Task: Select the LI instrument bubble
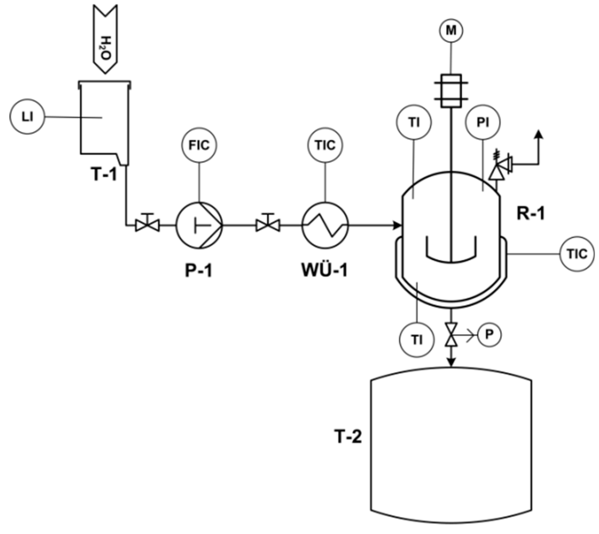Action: pos(27,117)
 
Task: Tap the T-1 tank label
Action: pos(104,174)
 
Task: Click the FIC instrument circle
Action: pos(199,145)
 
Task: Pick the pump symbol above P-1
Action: pos(199,225)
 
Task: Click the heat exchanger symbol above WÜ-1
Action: pos(325,225)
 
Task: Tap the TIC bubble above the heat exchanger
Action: pos(325,145)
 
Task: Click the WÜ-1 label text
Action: pos(325,270)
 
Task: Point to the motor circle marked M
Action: pos(451,31)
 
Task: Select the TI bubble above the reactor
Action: pos(414,122)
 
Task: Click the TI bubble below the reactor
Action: pos(417,340)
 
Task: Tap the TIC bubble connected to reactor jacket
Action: pos(577,254)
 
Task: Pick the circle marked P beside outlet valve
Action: pos(489,335)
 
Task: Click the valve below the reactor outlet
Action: pos(451,335)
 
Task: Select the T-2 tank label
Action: pos(348,437)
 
